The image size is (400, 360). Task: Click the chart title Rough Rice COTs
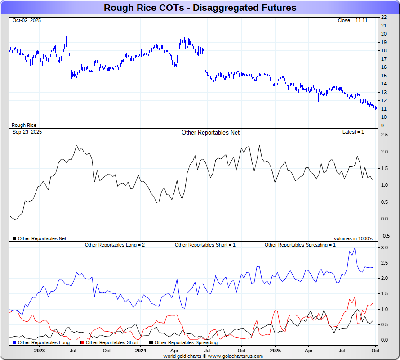pyautogui.click(x=200, y=8)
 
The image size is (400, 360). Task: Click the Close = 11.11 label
pyautogui.click(x=352, y=21)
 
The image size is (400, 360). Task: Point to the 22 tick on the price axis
pyautogui.click(x=384, y=17)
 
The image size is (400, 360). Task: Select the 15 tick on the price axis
pyautogui.click(x=384, y=76)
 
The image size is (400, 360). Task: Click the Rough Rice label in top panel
pyautogui.click(x=24, y=125)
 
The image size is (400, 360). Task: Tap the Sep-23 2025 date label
pyautogui.click(x=27, y=132)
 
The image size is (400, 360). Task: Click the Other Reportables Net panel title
pyautogui.click(x=210, y=132)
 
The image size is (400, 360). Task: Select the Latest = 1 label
pyautogui.click(x=353, y=132)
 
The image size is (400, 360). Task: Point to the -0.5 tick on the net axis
pyautogui.click(x=385, y=235)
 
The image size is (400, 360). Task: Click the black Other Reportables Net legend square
pyautogui.click(x=14, y=238)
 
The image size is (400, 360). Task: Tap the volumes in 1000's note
pyautogui.click(x=353, y=238)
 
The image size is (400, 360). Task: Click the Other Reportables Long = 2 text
pyautogui.click(x=115, y=245)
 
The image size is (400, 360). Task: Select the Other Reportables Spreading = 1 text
pyautogui.click(x=300, y=245)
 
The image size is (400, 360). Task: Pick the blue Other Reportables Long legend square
pyautogui.click(x=14, y=342)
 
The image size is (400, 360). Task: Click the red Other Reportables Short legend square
pyautogui.click(x=82, y=342)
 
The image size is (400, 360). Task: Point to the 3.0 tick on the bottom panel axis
pyautogui.click(x=385, y=247)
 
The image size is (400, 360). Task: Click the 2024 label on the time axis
pyautogui.click(x=141, y=350)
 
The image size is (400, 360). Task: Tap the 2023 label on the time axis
pyautogui.click(x=40, y=350)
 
